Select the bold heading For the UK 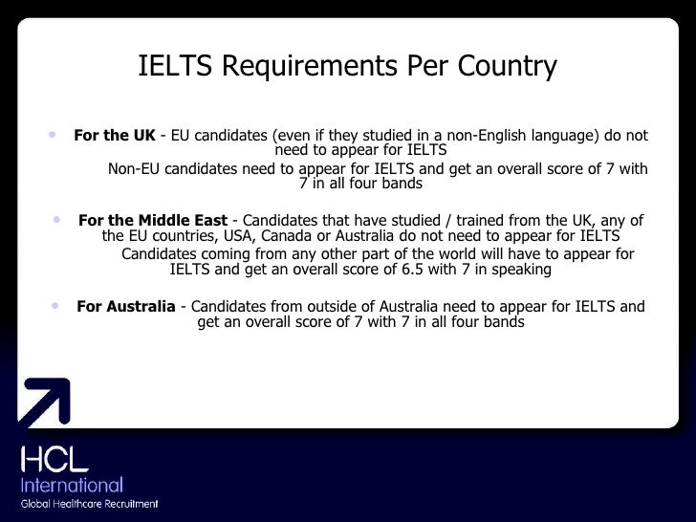pyautogui.click(x=114, y=136)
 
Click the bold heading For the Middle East pyautogui.click(x=153, y=221)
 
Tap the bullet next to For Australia pyautogui.click(x=54, y=305)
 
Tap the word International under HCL pyautogui.click(x=73, y=486)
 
